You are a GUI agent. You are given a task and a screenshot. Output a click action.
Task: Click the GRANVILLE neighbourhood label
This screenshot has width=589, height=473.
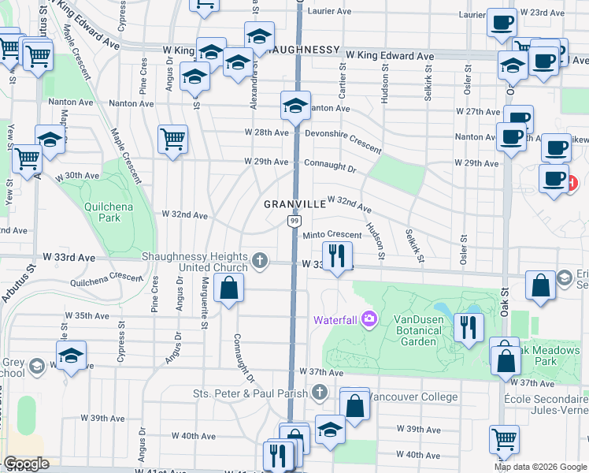coord(294,204)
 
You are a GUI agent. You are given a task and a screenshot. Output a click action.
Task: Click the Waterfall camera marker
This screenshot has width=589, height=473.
coord(370,319)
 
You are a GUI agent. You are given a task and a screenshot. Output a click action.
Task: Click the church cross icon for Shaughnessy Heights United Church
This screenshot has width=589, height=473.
coord(261,259)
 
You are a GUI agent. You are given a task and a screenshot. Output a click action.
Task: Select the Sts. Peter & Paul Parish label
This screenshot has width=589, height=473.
coord(252,392)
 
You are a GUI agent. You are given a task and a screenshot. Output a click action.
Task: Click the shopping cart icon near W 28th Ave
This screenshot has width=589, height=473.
coord(172,139)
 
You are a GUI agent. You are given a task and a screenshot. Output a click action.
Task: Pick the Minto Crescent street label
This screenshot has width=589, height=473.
coord(332,234)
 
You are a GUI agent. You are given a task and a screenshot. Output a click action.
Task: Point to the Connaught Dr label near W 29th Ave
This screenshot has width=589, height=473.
coord(331,169)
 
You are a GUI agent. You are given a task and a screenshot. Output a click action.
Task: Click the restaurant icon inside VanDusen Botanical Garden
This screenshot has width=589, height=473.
coord(469,326)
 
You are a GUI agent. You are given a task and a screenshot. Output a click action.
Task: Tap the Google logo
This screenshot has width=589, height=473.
coord(27,464)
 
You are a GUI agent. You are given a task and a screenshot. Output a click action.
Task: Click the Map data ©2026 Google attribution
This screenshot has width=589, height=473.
coord(540,467)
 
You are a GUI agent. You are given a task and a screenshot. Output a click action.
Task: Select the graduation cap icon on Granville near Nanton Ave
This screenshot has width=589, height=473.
coord(294,105)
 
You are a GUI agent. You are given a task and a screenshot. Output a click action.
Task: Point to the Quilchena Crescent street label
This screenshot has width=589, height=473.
coord(106,277)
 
